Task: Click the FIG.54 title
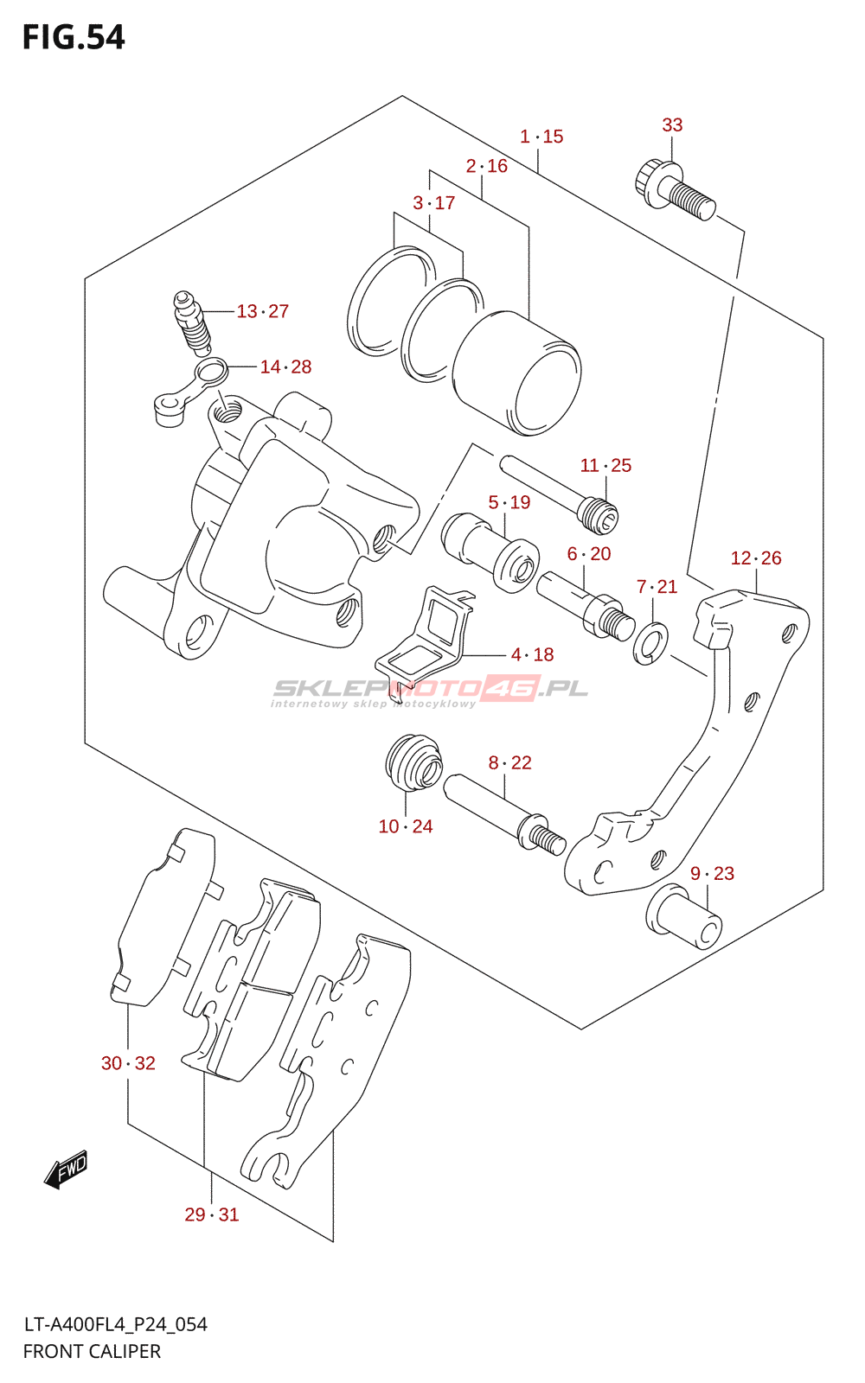pos(74,38)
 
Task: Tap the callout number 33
pos(672,124)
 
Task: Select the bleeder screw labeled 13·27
pos(191,323)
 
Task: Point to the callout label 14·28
pos(285,366)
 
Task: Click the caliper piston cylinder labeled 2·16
pos(516,373)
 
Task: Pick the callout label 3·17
pos(433,202)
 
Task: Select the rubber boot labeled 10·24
pos(414,762)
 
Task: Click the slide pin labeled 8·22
pos(503,814)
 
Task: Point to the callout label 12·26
pos(756,558)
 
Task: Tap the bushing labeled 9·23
pos(684,916)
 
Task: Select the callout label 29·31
pos(212,1214)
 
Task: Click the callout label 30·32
pos(129,1063)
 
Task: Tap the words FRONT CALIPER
pos(92,1352)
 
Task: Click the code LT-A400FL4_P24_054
pos(116,1324)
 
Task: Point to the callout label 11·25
pos(605,466)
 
